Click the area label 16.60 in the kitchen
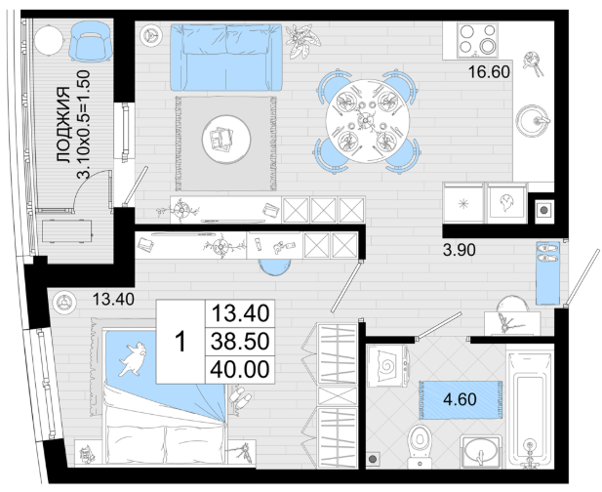[x=489, y=72]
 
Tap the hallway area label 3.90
[x=460, y=250]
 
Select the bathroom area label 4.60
[x=460, y=399]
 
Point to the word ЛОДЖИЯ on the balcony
[x=63, y=125]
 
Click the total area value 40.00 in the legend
[x=240, y=369]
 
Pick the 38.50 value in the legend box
[x=240, y=342]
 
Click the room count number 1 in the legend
[x=181, y=342]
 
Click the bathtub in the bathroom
[x=530, y=407]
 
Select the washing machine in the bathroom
[x=387, y=366]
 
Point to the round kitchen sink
[x=533, y=120]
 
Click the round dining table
[x=364, y=121]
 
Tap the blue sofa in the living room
[x=225, y=58]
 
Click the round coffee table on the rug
[x=226, y=140]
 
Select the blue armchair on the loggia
[x=91, y=41]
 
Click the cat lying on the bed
[x=133, y=358]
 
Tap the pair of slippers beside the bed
[x=240, y=397]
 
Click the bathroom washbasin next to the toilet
[x=480, y=452]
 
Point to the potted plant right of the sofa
[x=301, y=40]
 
